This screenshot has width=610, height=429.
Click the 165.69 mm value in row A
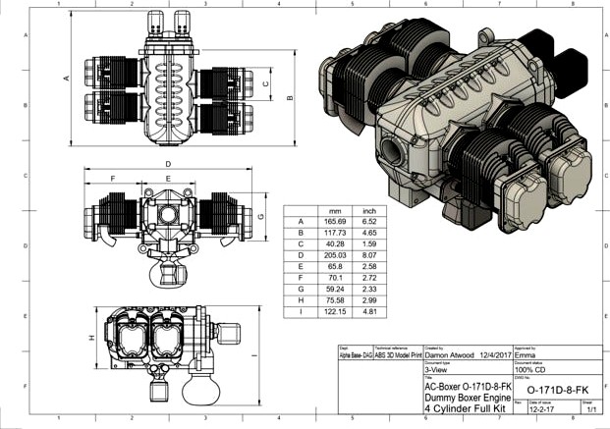335,222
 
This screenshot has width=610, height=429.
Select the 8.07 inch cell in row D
369,254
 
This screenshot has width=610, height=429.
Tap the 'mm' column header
335,211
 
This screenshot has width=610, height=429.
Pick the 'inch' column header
369,211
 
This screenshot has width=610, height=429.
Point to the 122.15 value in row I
335,310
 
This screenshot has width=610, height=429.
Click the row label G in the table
300,288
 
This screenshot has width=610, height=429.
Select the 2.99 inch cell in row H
369,298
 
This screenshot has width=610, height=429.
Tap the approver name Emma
527,356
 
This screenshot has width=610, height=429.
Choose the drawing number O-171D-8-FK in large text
557,390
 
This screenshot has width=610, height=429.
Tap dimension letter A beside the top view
67,78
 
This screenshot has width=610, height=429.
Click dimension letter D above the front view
168,163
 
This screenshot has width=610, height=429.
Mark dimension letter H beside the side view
92,337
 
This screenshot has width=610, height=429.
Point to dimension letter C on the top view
265,84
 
